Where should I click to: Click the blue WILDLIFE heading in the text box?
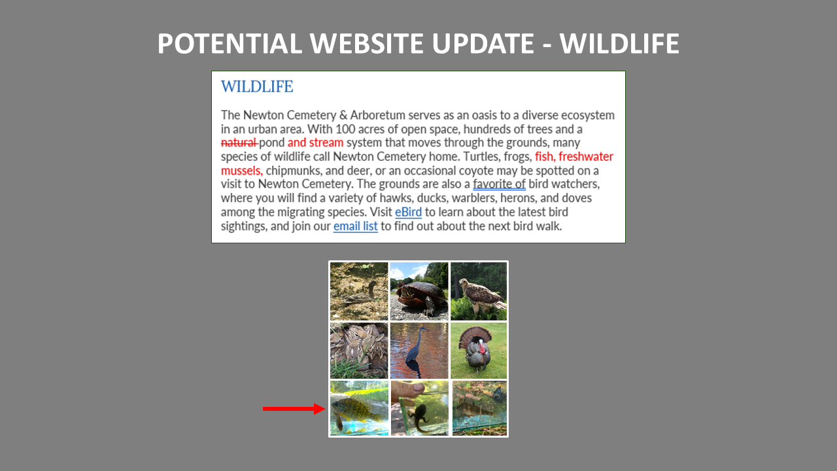click(x=257, y=86)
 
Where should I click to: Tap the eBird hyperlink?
click(x=408, y=212)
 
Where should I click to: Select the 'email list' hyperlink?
click(x=355, y=226)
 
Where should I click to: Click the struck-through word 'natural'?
click(x=239, y=143)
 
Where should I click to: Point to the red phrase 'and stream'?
click(x=315, y=143)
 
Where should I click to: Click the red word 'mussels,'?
click(x=241, y=171)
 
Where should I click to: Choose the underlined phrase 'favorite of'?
click(x=499, y=184)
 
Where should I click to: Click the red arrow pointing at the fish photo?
click(x=294, y=409)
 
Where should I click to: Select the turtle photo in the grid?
click(x=419, y=291)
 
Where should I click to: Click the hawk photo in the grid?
click(x=479, y=291)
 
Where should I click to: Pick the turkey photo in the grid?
click(x=479, y=351)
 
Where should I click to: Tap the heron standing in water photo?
click(x=419, y=351)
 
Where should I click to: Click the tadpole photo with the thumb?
click(x=420, y=409)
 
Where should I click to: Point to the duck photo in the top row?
click(x=359, y=291)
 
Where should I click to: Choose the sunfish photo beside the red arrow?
click(x=359, y=409)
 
